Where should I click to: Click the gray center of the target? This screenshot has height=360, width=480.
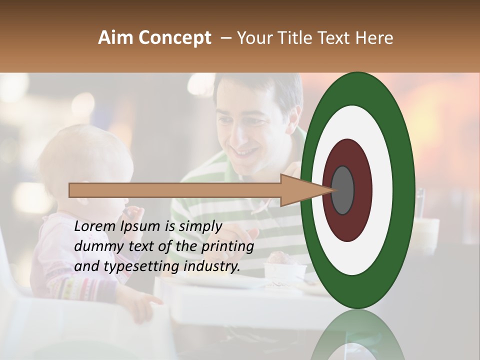pyautogui.click(x=343, y=190)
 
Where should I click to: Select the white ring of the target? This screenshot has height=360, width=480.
pyautogui.click(x=382, y=190)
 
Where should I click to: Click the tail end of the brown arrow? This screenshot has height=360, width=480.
pyautogui.click(x=70, y=190)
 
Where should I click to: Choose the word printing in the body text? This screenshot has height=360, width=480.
pyautogui.click(x=227, y=247)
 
